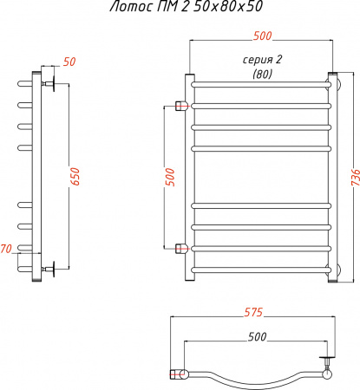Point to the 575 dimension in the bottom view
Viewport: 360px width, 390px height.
point(253,310)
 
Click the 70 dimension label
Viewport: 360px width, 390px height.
point(7,250)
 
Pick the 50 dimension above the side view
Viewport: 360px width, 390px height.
point(69,62)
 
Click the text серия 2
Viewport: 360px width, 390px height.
point(261,59)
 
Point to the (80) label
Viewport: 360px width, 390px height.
point(261,74)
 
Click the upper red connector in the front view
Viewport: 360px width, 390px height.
point(181,106)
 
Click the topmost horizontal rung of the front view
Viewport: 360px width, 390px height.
point(261,85)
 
